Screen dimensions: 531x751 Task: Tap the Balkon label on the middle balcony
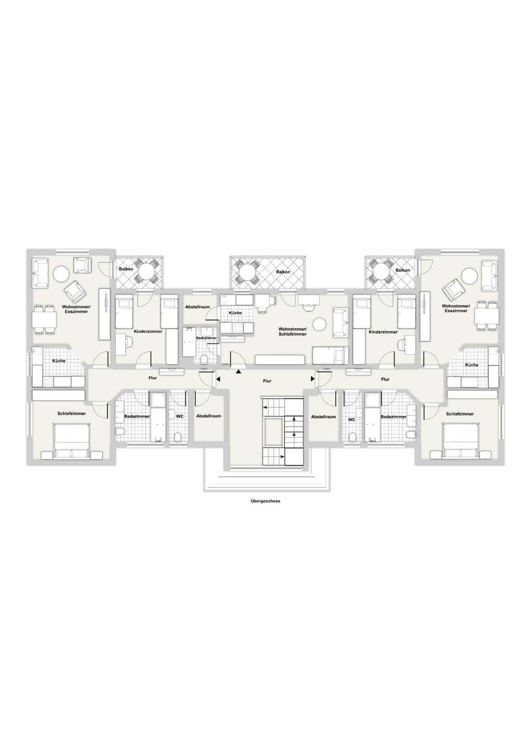coord(283,272)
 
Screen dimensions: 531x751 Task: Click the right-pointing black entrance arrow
coord(313,379)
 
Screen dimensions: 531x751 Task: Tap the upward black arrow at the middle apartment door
coord(238,371)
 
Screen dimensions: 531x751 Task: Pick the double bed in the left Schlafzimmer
coord(73,441)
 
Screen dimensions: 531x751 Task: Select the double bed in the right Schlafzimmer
coord(461,441)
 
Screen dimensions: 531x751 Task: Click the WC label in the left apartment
coord(179,416)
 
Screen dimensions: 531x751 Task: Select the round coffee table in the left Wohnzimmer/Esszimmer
coord(62,274)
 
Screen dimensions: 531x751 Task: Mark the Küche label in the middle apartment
coord(235,313)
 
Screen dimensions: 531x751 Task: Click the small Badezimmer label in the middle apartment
coord(206,338)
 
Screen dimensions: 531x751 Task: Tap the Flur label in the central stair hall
coord(267,381)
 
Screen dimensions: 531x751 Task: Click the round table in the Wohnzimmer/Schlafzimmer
coord(319,324)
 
